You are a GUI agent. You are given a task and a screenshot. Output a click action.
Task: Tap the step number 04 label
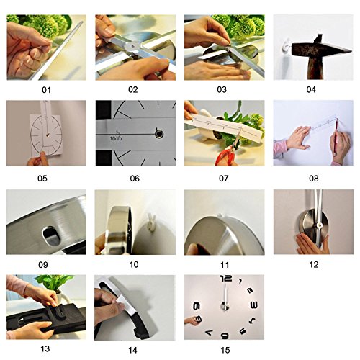coord(310,90)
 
